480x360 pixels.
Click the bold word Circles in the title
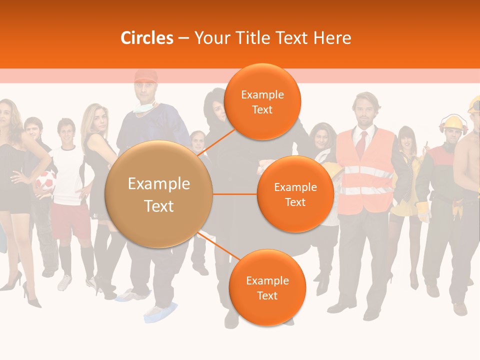click(x=147, y=38)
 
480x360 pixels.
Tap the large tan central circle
click(x=159, y=194)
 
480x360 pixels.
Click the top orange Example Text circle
click(x=262, y=102)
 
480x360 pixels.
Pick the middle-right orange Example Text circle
click(x=295, y=194)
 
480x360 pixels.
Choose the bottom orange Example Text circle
click(x=267, y=287)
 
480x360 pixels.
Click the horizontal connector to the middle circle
click(x=235, y=194)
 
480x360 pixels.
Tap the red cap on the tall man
click(x=145, y=76)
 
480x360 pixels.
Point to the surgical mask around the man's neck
click(x=144, y=107)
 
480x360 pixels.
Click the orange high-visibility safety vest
click(x=365, y=170)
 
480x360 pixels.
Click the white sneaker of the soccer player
click(x=64, y=282)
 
